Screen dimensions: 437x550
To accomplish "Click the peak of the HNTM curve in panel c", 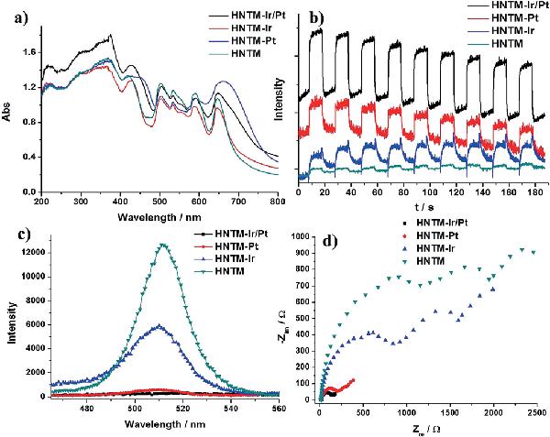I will [x=163, y=244].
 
